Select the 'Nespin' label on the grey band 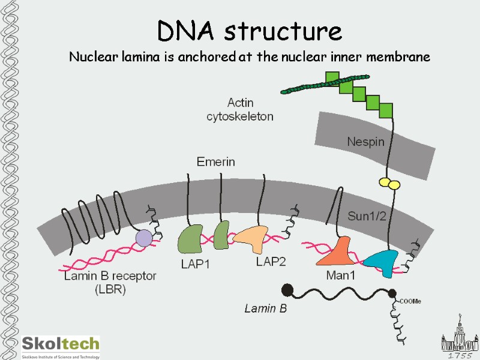(x=365, y=142)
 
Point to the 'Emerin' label (x=215, y=161)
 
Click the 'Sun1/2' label (x=368, y=215)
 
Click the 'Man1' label (x=339, y=275)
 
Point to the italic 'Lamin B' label (x=265, y=309)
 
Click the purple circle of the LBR (x=144, y=239)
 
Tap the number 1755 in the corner (x=461, y=355)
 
